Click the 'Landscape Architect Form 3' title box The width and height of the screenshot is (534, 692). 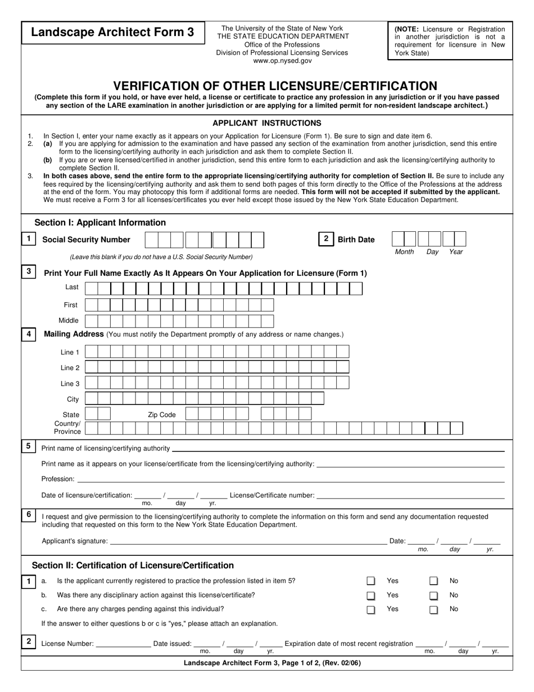[x=112, y=33]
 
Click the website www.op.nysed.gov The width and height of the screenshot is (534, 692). [x=282, y=61]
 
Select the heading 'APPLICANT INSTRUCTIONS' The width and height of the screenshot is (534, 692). [x=266, y=123]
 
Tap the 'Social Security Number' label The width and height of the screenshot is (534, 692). [x=86, y=240]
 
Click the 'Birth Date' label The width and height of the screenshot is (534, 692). [x=356, y=240]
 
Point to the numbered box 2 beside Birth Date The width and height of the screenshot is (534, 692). [x=325, y=239]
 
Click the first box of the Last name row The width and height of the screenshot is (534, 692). [x=90, y=289]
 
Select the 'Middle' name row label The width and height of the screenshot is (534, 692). [x=69, y=320]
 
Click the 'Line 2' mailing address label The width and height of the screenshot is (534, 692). [x=70, y=368]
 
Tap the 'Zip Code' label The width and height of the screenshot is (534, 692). [x=162, y=415]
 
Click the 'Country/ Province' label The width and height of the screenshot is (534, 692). [x=67, y=428]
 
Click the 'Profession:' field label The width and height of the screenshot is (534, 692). [x=58, y=479]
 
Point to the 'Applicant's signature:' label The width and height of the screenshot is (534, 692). [x=75, y=541]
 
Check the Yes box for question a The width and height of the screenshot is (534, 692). [x=371, y=581]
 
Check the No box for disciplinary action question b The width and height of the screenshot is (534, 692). [x=433, y=595]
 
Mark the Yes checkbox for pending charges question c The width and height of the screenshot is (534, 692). [x=371, y=609]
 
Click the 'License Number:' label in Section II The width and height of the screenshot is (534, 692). [x=67, y=644]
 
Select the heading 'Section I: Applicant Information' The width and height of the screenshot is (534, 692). [x=100, y=223]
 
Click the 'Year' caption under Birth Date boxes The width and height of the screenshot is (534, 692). [x=456, y=252]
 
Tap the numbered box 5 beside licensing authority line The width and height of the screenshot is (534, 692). [x=28, y=447]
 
